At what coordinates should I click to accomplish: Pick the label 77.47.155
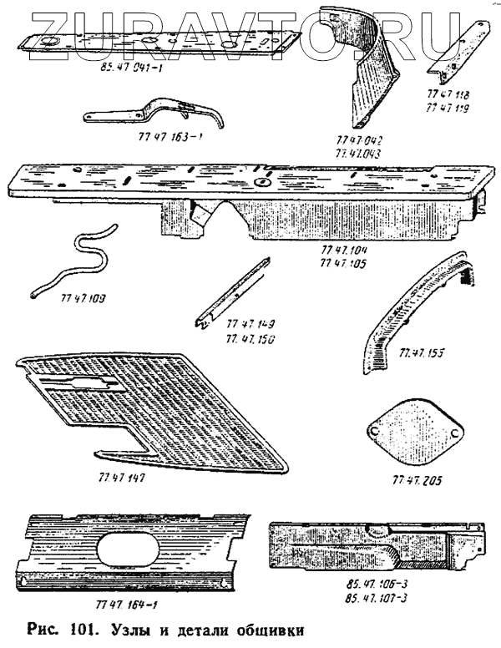click(423, 353)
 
